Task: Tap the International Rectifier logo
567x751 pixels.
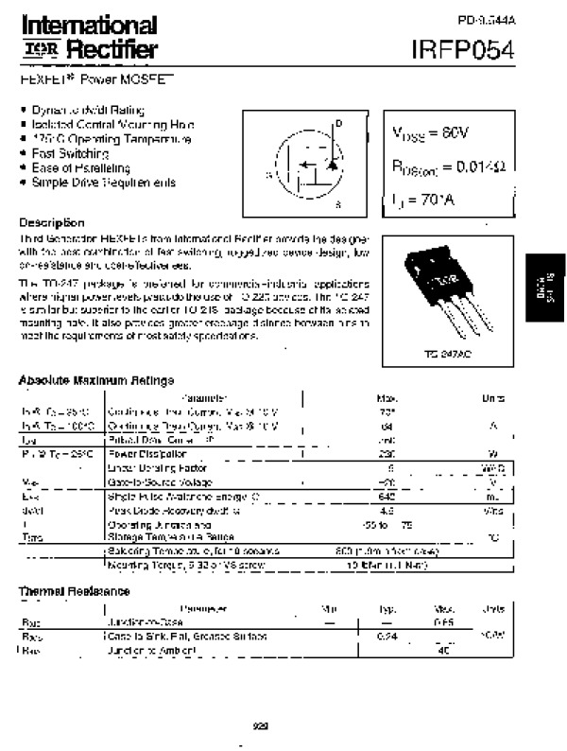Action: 89,36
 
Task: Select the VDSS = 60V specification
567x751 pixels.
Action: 425,134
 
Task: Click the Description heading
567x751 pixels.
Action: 52,222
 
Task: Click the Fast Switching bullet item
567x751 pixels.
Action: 70,153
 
